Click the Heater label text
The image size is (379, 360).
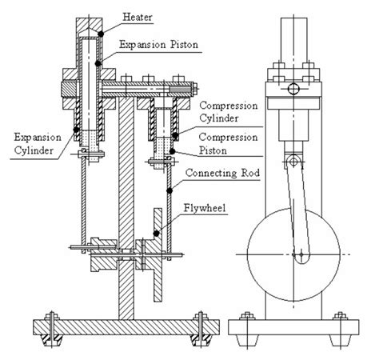click(x=138, y=18)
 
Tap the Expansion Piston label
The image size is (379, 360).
click(x=158, y=45)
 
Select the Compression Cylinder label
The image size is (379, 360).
click(x=229, y=112)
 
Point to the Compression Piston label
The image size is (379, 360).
click(x=228, y=144)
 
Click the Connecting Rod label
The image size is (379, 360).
click(x=222, y=173)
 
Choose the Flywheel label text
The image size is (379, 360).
click(x=205, y=208)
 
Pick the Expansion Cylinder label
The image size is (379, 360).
click(x=38, y=144)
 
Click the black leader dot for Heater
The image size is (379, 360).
click(x=101, y=34)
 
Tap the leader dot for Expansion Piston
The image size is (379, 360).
click(x=98, y=63)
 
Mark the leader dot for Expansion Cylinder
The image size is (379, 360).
click(x=76, y=130)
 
